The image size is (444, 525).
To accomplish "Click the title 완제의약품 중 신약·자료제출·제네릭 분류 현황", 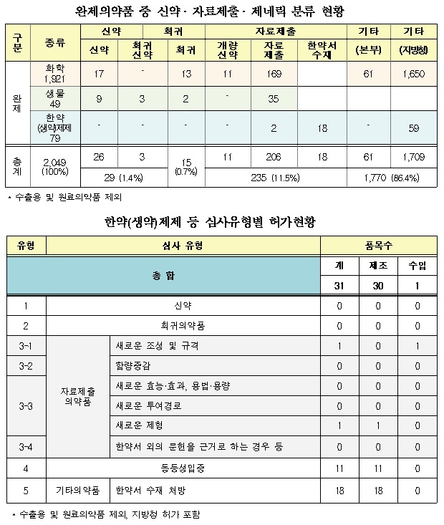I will tap(222, 11).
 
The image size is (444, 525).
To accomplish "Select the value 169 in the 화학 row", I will tap(271, 72).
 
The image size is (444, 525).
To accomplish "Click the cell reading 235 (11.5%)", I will tap(271, 178).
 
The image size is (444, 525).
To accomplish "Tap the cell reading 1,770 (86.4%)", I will tap(390, 178).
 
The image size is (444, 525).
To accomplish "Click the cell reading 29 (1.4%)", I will tap(119, 178).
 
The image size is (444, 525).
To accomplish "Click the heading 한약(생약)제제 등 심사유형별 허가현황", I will tap(221, 223).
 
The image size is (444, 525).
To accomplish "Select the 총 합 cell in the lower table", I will tap(163, 276).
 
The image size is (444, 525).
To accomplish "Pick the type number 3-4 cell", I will tap(26, 447).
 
